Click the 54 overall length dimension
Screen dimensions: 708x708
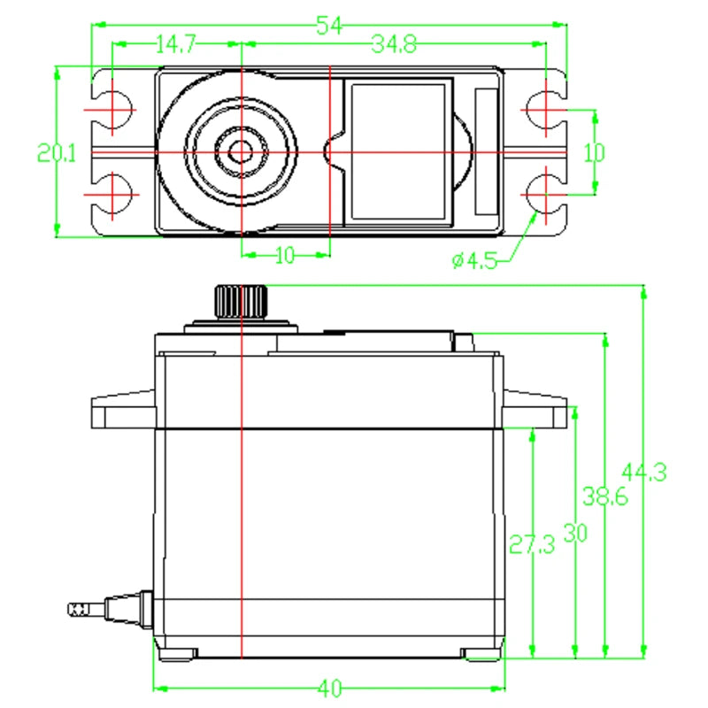329,26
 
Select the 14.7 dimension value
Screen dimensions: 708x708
175,44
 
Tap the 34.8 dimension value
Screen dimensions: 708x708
394,44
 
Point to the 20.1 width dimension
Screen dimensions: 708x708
57,153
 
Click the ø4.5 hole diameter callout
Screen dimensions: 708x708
474,260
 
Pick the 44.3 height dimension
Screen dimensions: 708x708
644,473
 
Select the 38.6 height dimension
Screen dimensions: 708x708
605,496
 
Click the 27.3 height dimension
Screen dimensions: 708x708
532,544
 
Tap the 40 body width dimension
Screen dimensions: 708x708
329,689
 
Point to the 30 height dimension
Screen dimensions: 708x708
575,534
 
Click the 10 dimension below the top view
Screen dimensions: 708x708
285,256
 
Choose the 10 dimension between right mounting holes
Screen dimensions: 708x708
594,153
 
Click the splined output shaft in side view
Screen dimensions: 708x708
241,301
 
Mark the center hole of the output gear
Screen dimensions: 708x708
241,151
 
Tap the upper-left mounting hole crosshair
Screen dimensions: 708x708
112,110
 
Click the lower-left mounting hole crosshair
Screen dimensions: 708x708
112,195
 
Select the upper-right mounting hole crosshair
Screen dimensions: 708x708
546,110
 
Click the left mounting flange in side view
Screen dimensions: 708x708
123,410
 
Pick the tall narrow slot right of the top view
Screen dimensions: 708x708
486,151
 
